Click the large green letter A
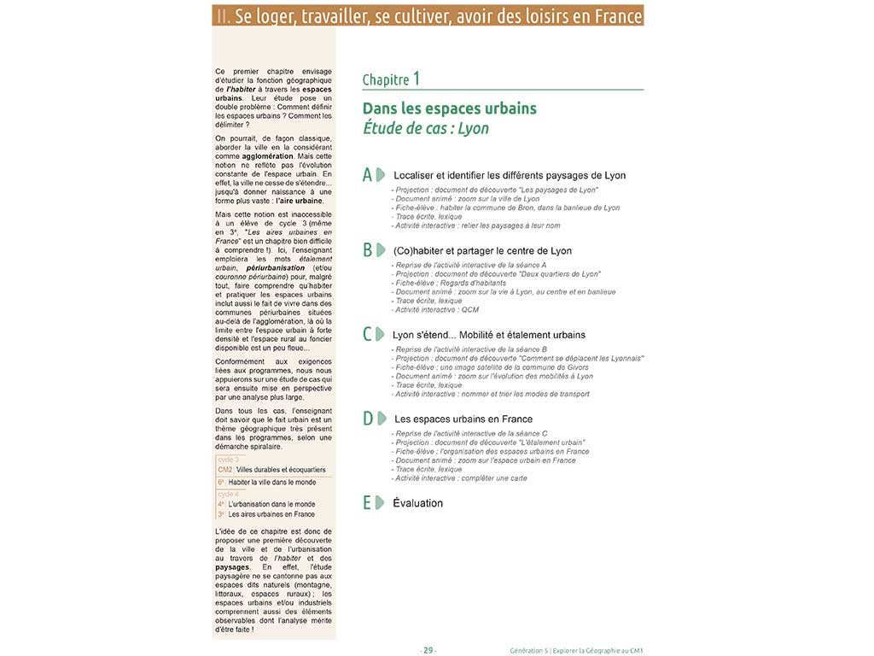(368, 174)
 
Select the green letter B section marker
(368, 250)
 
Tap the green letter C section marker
(368, 334)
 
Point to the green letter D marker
(368, 419)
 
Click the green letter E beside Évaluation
(367, 502)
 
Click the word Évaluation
(418, 503)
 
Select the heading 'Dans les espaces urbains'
(449, 108)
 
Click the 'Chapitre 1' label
(390, 79)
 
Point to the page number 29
(428, 650)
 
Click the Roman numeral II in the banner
(222, 15)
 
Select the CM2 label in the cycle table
(225, 470)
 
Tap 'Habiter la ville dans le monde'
(271, 482)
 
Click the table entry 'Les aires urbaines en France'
(271, 514)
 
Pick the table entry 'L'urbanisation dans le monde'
(271, 504)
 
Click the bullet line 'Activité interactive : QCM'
(435, 310)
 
